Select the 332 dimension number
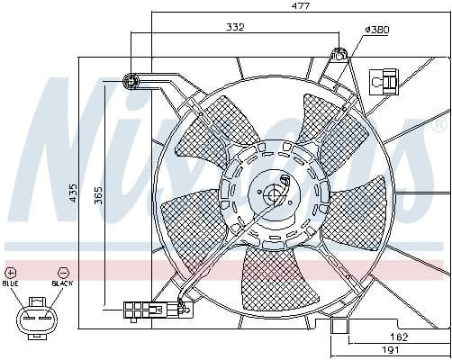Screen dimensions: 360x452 tap(236, 28)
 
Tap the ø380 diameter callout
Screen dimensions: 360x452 tap(375, 31)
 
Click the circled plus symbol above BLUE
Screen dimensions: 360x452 tap(11, 271)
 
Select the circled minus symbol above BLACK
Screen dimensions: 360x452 tap(62, 271)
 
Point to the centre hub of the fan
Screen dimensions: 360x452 tap(274, 193)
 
